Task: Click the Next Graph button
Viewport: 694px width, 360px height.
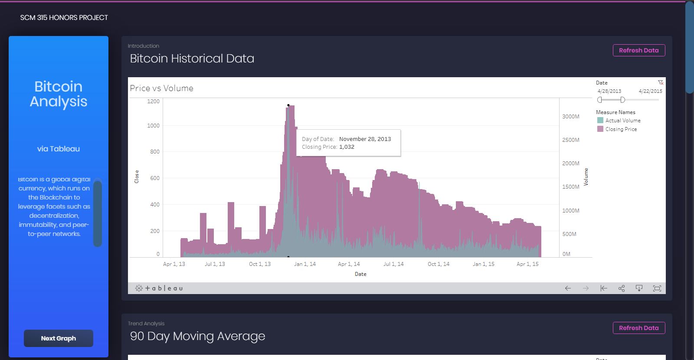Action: [x=59, y=338]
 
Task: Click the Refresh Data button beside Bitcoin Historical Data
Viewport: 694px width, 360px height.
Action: [x=638, y=50]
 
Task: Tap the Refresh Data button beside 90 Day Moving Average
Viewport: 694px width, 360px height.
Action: [x=638, y=328]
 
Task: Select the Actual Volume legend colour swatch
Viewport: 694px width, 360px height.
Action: [x=600, y=121]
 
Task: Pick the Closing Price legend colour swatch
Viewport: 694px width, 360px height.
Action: [x=600, y=129]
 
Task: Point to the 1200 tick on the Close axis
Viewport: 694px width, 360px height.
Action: [x=154, y=101]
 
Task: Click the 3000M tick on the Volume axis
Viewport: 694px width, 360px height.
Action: [x=571, y=117]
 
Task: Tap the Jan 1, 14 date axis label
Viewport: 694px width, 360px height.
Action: [x=305, y=264]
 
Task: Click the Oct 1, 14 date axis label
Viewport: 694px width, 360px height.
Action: [x=439, y=264]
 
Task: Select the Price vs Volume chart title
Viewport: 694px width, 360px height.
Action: [x=162, y=88]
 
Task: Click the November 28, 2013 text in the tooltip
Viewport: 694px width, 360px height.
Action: [x=365, y=139]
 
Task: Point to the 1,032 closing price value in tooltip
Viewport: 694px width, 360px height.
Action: [x=347, y=147]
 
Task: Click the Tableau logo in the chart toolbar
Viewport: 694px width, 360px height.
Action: [x=159, y=288]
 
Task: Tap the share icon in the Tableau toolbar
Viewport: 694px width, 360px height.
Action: [x=622, y=288]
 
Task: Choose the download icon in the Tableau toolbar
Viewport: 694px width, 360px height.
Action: [x=639, y=288]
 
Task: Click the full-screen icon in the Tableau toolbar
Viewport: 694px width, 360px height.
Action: [x=657, y=288]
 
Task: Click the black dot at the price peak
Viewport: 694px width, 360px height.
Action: [x=288, y=105]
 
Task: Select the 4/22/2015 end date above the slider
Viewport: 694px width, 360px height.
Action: [x=650, y=91]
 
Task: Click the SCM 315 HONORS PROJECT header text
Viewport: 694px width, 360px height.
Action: [x=64, y=18]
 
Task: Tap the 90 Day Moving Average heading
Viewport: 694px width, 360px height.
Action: [x=197, y=336]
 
